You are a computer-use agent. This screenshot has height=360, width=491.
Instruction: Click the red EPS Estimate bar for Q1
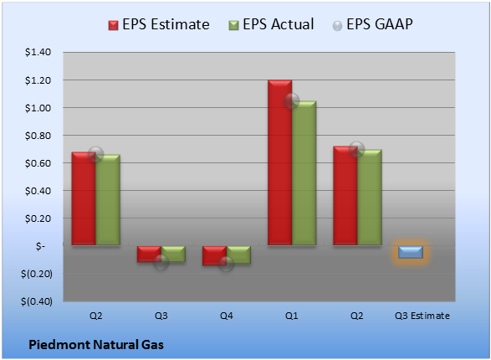tap(279, 162)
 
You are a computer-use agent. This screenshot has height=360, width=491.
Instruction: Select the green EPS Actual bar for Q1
tap(304, 173)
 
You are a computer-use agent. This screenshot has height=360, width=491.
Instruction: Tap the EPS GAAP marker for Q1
tap(292, 100)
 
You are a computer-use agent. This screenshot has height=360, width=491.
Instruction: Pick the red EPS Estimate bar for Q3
tap(149, 254)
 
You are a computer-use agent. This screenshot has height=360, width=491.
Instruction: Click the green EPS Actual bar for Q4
tap(238, 255)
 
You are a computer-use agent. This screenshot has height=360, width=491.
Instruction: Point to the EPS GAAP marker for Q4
tap(226, 264)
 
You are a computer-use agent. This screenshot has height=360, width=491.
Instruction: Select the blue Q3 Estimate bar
tap(411, 252)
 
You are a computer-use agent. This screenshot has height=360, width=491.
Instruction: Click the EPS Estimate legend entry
tap(159, 24)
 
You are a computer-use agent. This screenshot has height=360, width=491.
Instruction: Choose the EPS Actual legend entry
tap(271, 24)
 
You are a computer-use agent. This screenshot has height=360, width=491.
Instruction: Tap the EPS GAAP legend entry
tap(372, 24)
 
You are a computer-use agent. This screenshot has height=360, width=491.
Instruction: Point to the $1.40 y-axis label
tap(38, 52)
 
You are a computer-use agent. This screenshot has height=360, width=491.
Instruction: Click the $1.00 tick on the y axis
tap(38, 108)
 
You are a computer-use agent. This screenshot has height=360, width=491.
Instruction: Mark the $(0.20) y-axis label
tap(37, 274)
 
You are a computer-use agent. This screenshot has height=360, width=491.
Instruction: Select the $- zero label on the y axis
tap(40, 246)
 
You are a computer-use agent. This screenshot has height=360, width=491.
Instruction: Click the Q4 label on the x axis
tap(226, 316)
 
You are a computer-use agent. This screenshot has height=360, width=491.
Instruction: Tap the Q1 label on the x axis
tap(292, 316)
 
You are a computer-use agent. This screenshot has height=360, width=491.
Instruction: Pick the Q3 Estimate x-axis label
tap(422, 316)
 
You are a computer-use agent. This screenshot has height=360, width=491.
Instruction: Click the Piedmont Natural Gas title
tap(96, 345)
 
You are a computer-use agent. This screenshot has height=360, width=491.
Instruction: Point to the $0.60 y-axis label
tap(38, 163)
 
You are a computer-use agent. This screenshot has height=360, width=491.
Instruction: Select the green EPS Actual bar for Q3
tap(173, 254)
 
